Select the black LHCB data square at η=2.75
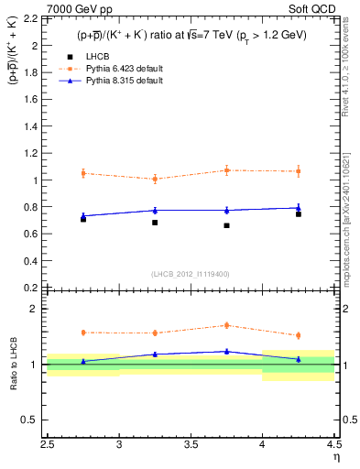point(83,219)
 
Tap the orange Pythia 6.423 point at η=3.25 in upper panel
point(155,179)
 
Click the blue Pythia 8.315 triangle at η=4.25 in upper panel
point(299,207)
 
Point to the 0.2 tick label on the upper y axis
point(31,288)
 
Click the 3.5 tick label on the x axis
point(191,446)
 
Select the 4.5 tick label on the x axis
point(333,446)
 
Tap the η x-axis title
point(336,458)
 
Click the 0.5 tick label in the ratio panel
point(31,420)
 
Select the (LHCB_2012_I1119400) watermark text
point(191,274)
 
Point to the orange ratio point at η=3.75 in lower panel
point(226,325)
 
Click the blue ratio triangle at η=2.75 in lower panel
point(83,361)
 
